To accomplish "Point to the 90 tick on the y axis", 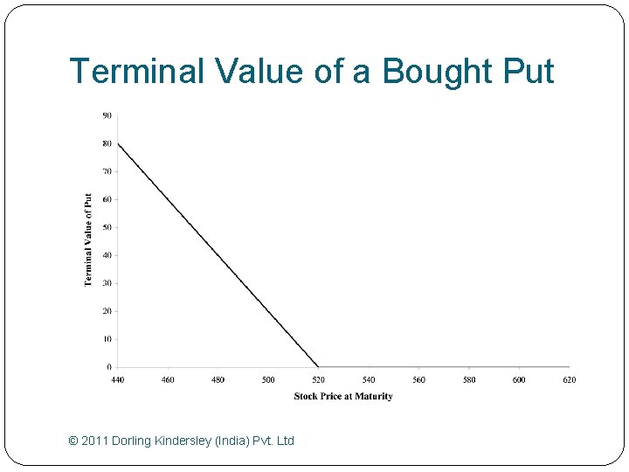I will tap(107, 115).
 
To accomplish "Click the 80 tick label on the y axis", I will tap(107, 143).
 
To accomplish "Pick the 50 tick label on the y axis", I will tap(107, 227).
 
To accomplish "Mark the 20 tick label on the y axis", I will tap(107, 311).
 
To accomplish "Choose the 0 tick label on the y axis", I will tap(109, 367).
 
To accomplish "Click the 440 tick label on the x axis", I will tap(118, 380).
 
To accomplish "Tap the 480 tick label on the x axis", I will tap(218, 380).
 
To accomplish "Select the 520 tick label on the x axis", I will tap(319, 380).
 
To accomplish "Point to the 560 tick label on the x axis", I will tap(419, 380).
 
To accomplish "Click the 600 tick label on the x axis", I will tap(519, 380).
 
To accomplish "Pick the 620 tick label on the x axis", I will tap(570, 380).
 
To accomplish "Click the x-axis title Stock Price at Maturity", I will tap(343, 396).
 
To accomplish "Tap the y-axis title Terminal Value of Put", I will tap(88, 239).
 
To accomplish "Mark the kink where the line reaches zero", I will tap(319, 367).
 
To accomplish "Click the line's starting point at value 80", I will tap(118, 143).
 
